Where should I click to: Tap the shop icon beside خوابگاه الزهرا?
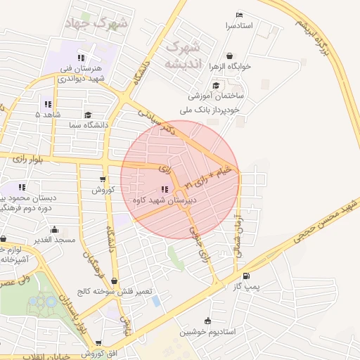pyautogui.click(x=230, y=56)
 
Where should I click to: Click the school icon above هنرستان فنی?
pyautogui.click(x=81, y=58)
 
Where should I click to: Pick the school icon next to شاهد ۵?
pyautogui.click(x=49, y=104)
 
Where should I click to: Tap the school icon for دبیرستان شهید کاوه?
pyautogui.click(x=165, y=189)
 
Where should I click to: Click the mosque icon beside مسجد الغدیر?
pyautogui.click(x=54, y=229)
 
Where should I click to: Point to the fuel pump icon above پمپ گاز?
pyautogui.click(x=245, y=276)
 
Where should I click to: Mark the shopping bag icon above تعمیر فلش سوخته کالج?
pyautogui.click(x=114, y=281)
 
